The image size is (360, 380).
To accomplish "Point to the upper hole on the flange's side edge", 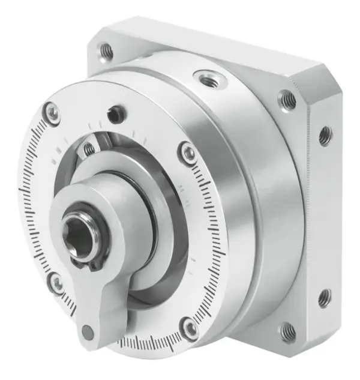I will pyautogui.click(x=325, y=136).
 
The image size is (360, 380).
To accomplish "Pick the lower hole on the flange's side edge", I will pyautogui.click(x=325, y=297).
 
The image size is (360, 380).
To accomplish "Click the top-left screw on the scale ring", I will pyautogui.click(x=53, y=113).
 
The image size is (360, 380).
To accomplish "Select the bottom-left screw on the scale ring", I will pyautogui.click(x=56, y=283).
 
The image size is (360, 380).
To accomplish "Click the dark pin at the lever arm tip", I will pyautogui.click(x=88, y=331).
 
